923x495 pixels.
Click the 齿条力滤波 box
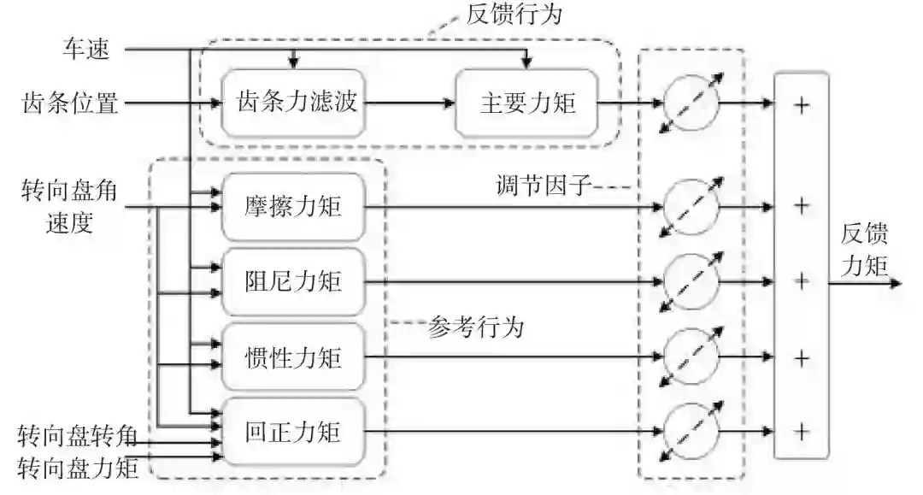[x=296, y=104]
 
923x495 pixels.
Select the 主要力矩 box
[x=526, y=104]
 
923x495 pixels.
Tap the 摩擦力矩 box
[x=292, y=206]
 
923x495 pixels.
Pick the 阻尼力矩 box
[x=292, y=281]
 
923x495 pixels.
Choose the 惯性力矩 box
[x=292, y=357]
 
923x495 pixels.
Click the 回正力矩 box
[x=292, y=432]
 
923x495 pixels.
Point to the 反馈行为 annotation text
[x=515, y=15]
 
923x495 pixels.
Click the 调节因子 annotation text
[x=544, y=186]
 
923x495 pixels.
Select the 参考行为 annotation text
[x=476, y=326]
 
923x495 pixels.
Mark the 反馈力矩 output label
[x=864, y=252]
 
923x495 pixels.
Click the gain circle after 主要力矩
[x=691, y=104]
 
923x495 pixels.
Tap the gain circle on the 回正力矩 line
[x=691, y=432]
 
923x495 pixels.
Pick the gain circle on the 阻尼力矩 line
[x=691, y=281]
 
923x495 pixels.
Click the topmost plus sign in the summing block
[x=801, y=104]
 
